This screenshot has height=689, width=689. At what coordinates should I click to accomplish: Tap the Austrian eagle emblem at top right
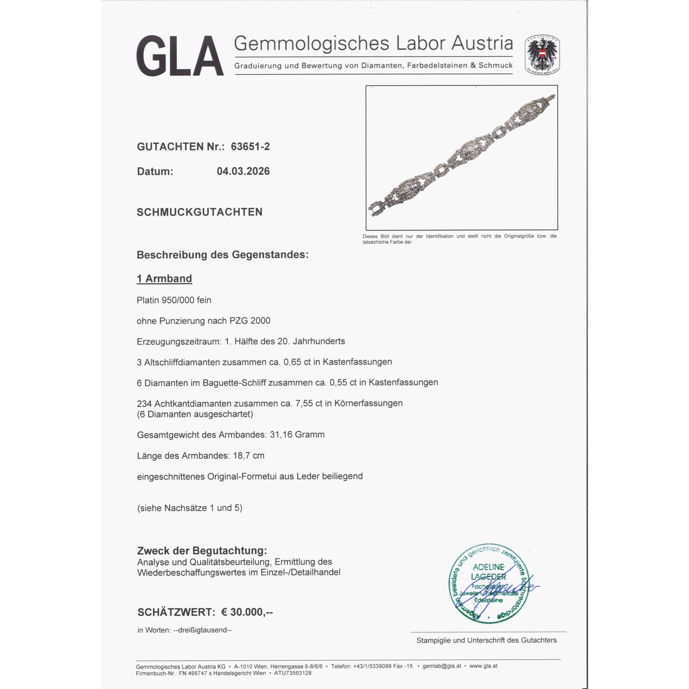[x=542, y=55]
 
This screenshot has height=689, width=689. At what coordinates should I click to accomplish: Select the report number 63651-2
[x=250, y=146]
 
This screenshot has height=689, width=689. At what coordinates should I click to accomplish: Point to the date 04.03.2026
[x=243, y=171]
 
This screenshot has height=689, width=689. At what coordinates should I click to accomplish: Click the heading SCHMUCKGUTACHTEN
[x=200, y=212]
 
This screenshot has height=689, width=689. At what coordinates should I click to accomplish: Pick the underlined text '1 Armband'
[x=164, y=278]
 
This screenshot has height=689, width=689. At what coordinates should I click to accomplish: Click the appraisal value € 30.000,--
[x=247, y=612]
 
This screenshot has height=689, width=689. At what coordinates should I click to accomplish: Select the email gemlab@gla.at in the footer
[x=442, y=666]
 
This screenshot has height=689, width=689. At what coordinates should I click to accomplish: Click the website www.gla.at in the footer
[x=483, y=666]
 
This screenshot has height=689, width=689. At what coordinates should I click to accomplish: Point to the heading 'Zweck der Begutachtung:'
[x=202, y=551]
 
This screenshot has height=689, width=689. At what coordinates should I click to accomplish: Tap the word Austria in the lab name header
[x=482, y=43]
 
